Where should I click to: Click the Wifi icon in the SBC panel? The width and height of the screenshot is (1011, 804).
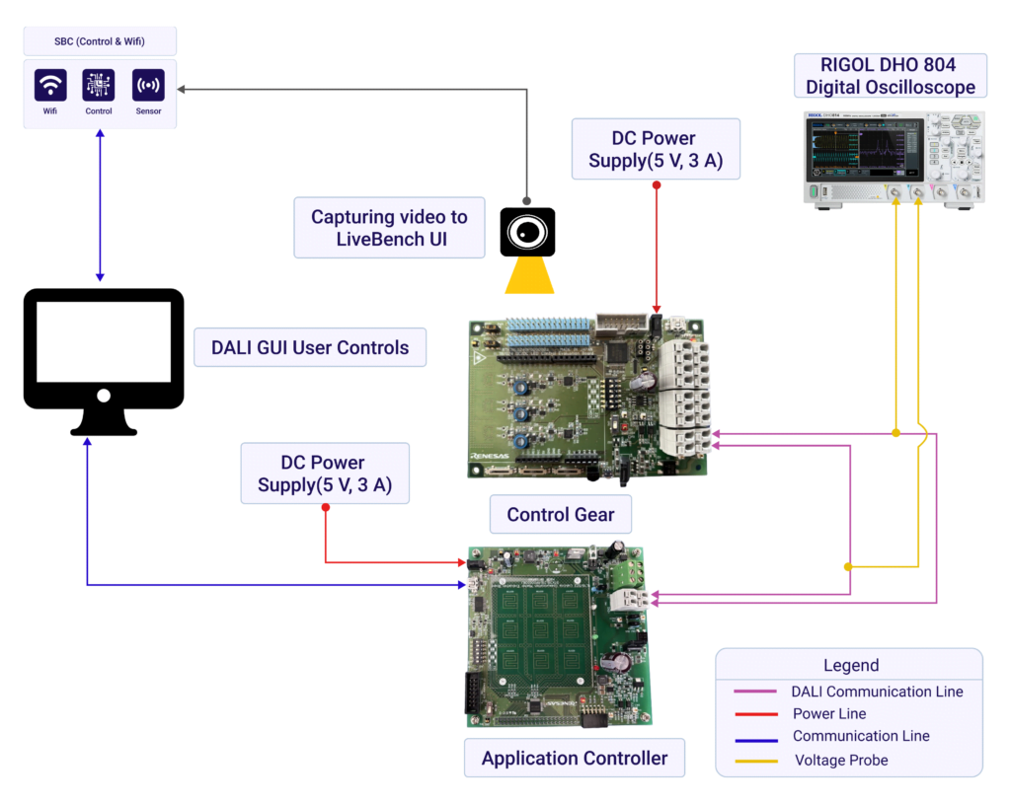50,86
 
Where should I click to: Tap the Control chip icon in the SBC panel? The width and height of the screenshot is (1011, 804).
99,86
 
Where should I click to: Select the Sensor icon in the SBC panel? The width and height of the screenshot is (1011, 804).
148,86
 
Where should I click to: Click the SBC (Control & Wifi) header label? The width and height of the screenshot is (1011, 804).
100,41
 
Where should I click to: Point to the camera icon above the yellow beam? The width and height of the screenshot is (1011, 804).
527,233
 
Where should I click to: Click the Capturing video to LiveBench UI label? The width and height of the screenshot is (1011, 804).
389,228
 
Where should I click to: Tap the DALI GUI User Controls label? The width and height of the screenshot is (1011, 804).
310,347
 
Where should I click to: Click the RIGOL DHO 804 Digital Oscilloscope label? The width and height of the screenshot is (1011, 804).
890,76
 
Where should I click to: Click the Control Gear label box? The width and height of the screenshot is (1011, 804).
560,514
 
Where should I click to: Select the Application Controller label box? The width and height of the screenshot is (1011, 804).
574,758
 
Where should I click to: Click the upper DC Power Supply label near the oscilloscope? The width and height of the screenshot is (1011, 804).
656,149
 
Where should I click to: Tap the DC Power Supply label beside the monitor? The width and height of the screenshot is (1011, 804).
325,474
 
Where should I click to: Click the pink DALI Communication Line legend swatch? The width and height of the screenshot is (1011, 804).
755,692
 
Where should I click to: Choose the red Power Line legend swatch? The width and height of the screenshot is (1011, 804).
755,713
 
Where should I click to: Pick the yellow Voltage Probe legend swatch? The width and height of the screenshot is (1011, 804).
755,760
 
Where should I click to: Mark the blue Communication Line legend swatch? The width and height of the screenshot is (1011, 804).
755,736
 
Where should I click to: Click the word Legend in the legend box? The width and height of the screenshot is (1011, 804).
850,665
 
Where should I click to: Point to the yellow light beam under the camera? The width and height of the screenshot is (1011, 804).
529,275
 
